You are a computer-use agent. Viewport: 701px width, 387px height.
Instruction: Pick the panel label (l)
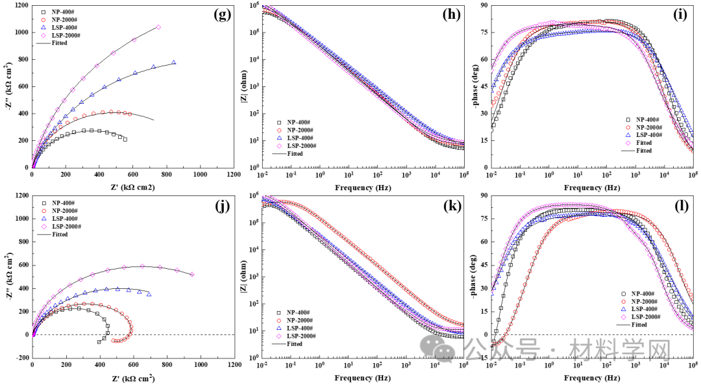coord(680,208)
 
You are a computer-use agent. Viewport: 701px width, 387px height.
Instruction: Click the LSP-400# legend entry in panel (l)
coord(643,308)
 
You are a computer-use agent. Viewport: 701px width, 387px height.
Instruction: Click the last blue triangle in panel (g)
coord(174,62)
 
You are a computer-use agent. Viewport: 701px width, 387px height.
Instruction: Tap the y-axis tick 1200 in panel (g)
coord(19,5)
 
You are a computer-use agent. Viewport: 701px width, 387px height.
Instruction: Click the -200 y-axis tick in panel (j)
coord(20,358)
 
